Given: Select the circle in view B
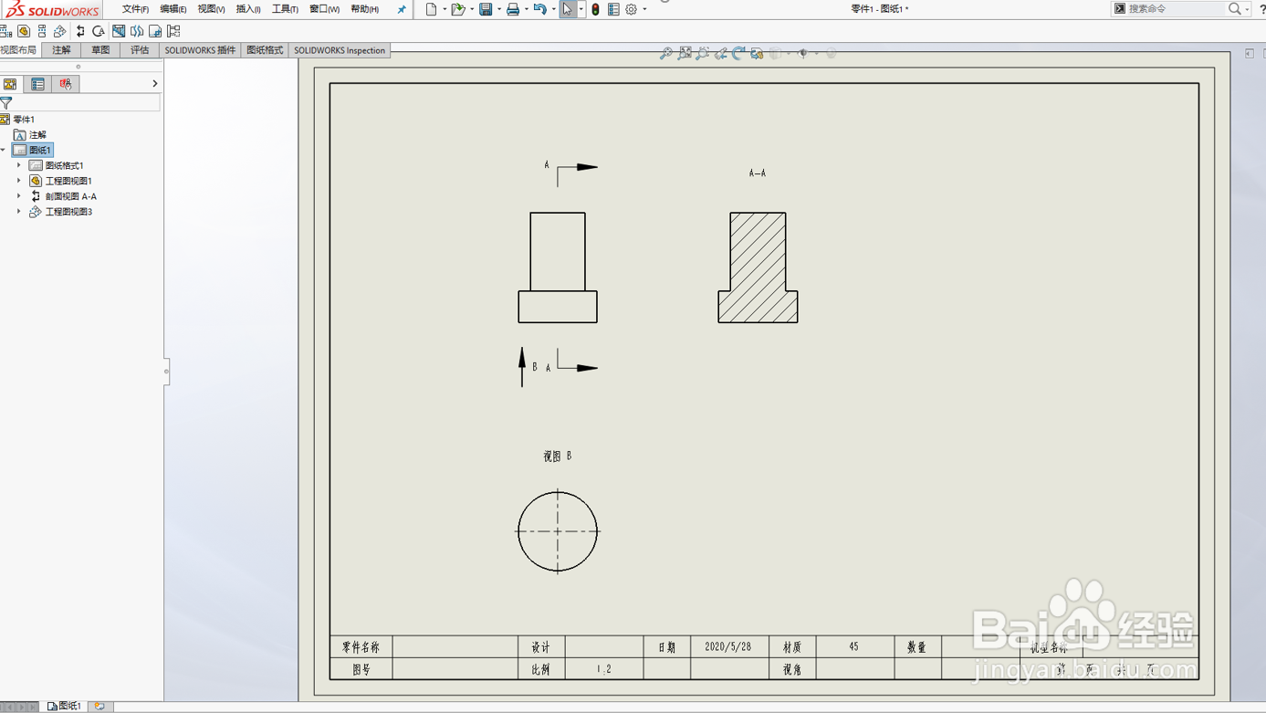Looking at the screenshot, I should tap(558, 531).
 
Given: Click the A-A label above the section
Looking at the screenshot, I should tap(758, 173).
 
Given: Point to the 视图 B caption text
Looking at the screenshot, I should tap(558, 456).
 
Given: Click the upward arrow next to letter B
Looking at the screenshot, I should tap(522, 365).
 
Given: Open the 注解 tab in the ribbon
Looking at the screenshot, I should tap(61, 50).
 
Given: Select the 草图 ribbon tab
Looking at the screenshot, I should tap(100, 50).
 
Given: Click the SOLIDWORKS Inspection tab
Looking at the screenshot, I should tap(340, 50).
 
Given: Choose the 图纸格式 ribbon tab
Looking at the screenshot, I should tap(265, 50).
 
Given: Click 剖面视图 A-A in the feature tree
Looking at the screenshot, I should tap(70, 196).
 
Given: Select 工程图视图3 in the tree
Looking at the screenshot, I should tap(68, 212).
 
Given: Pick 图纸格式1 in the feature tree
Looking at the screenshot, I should tap(64, 165).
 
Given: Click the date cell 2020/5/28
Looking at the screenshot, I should tap(728, 646).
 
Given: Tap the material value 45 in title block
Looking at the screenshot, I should tap(853, 646).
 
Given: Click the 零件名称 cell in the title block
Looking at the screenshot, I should tap(361, 647).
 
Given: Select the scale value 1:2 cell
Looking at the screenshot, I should tap(604, 669).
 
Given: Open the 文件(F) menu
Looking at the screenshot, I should tap(135, 9).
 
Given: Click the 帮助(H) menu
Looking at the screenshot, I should tap(364, 9).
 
